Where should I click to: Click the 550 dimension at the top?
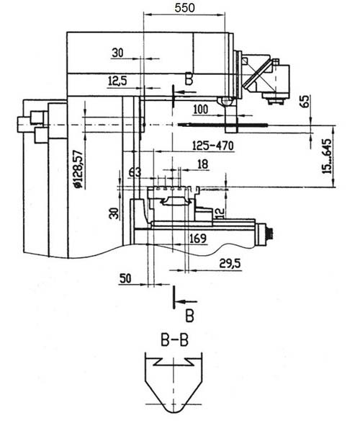point(184,8)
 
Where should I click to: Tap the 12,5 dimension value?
point(117,81)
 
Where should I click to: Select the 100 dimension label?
point(201,110)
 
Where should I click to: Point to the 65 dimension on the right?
point(305,102)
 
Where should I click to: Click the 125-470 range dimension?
point(212,146)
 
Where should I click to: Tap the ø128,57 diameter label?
point(78,169)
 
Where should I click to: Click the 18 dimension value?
point(202,164)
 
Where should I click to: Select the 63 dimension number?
point(135,172)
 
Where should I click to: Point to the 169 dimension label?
point(198,239)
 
